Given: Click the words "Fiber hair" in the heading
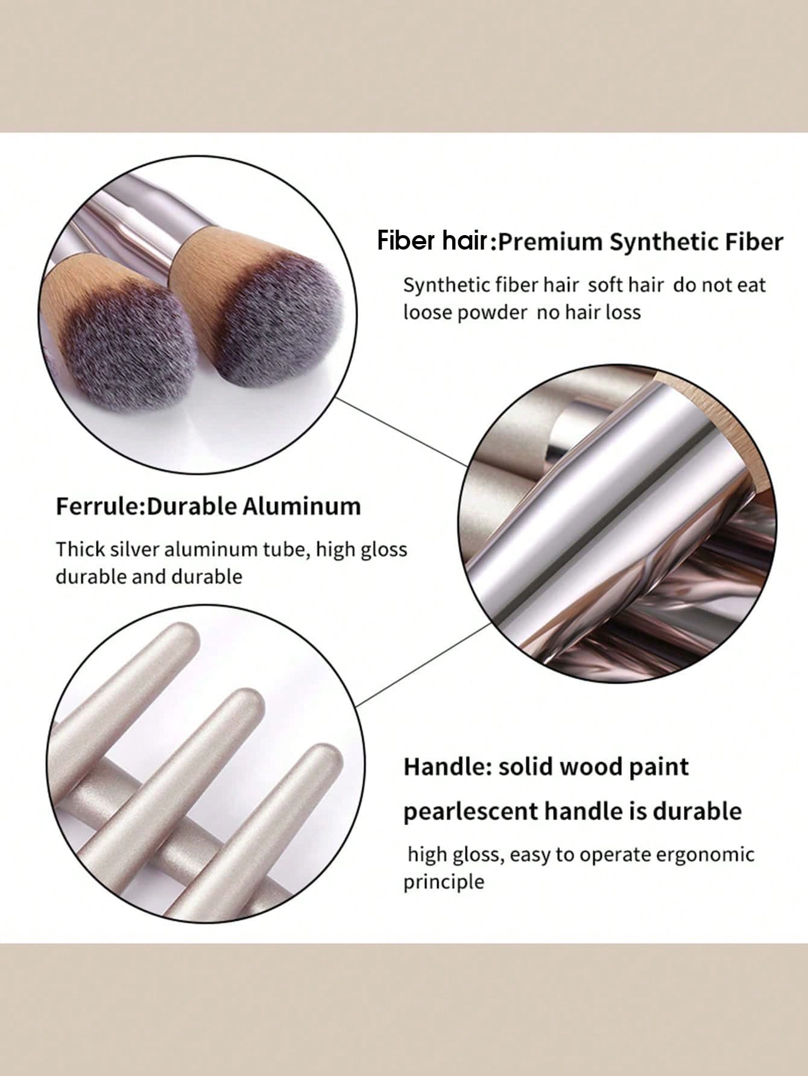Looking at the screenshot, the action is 432,241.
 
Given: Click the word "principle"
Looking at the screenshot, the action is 444,883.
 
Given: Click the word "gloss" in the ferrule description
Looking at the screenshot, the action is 383,550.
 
